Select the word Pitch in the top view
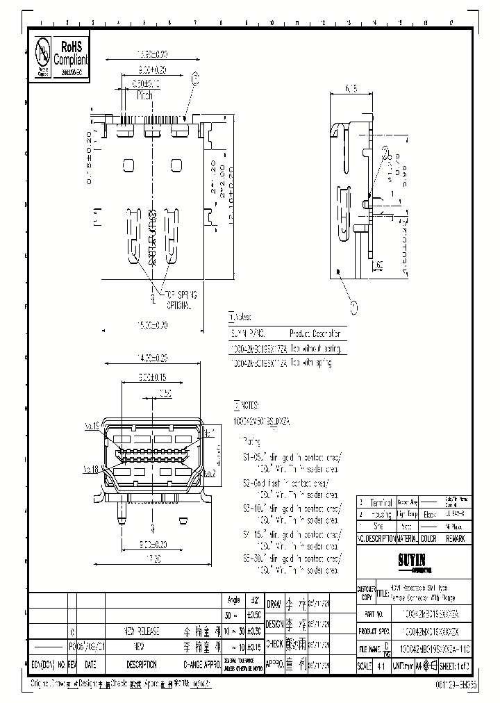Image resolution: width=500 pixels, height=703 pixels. point(144,95)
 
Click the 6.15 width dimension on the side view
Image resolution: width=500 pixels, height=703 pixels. point(351,88)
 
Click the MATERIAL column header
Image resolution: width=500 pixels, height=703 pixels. point(406,538)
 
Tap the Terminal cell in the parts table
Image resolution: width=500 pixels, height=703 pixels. point(381,502)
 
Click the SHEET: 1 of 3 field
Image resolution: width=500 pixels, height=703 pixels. point(460,665)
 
